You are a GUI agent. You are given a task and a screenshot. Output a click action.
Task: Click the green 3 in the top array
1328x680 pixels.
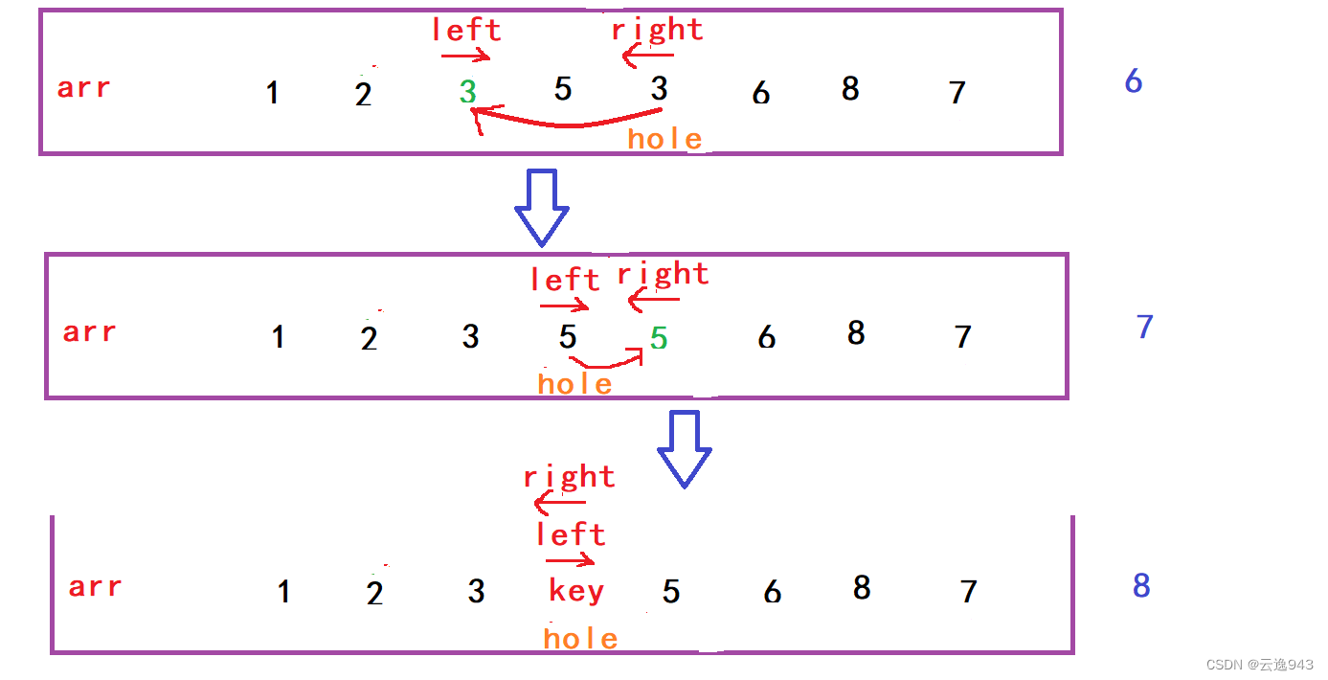coord(467,92)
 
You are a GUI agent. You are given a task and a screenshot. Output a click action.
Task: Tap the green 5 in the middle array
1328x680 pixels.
coord(659,338)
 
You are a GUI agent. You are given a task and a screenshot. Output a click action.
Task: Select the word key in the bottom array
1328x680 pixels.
coord(576,591)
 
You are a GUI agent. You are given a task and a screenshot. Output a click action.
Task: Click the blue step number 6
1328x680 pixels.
coord(1134,81)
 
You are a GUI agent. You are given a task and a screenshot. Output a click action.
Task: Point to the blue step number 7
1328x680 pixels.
coord(1144,327)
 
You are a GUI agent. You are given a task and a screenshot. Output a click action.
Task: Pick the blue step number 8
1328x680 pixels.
coord(1141,585)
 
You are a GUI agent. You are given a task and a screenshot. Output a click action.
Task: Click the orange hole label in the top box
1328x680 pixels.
coord(665,140)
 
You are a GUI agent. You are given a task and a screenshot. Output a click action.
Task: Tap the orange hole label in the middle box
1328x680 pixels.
coord(574,384)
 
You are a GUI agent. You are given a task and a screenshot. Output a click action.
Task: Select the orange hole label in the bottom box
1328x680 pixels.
coord(580,639)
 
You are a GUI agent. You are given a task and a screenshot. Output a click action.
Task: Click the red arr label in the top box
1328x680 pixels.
coord(84,88)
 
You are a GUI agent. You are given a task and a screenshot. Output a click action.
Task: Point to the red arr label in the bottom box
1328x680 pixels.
coord(95,586)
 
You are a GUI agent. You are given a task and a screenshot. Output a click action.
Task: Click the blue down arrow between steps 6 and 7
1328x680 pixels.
coord(542,207)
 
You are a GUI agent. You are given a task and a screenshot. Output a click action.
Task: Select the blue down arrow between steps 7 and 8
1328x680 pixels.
coord(684,448)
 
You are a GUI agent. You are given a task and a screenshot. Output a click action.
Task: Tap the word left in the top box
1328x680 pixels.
coord(465,30)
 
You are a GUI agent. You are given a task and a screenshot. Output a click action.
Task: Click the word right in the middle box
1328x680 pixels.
coord(663,275)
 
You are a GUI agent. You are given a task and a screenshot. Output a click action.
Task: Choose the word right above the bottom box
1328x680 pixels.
coord(569,477)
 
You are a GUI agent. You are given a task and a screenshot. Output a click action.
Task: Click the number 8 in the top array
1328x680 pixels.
coord(850,89)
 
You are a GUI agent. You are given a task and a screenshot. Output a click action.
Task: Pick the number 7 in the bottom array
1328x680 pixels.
coord(969,592)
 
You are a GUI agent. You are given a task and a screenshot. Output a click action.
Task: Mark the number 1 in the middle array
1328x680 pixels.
coord(278,337)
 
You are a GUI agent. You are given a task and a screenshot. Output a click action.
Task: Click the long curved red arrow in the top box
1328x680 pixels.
coord(565,121)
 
